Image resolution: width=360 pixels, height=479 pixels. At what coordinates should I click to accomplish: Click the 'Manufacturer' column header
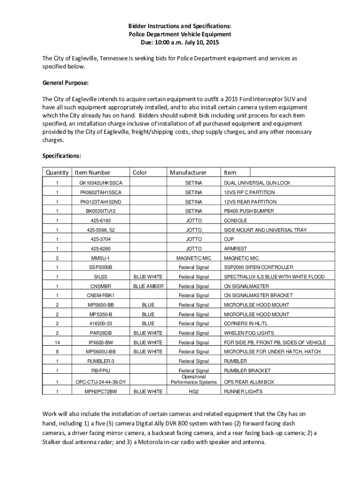pos(188,173)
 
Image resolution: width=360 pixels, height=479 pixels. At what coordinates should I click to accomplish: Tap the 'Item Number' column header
pos(93,173)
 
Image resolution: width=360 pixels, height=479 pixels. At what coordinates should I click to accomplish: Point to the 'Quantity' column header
pos(57,173)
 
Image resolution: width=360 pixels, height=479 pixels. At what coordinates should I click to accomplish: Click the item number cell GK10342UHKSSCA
pos(101,183)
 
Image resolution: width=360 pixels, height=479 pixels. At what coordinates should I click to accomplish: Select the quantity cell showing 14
pos(57,342)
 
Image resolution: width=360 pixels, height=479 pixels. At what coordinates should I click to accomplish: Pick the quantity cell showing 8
pos(57,352)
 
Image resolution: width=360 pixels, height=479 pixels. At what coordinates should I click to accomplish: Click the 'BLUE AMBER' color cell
pos(148,286)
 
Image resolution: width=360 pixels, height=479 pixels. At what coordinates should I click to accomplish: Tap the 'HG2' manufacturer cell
pos(194,391)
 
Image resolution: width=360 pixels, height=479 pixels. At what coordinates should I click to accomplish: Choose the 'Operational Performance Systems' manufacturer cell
pos(194,379)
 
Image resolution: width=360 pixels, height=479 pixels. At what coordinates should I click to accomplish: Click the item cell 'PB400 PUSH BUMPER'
pos(249,211)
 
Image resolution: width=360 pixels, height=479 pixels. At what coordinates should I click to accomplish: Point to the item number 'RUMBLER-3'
pos(101,361)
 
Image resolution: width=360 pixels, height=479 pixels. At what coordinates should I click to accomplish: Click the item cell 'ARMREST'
pos(235,248)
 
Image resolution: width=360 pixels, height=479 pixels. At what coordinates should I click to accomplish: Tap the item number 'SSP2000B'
pos(101,267)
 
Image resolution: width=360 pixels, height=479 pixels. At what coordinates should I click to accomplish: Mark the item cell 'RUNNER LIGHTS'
pos(243,391)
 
